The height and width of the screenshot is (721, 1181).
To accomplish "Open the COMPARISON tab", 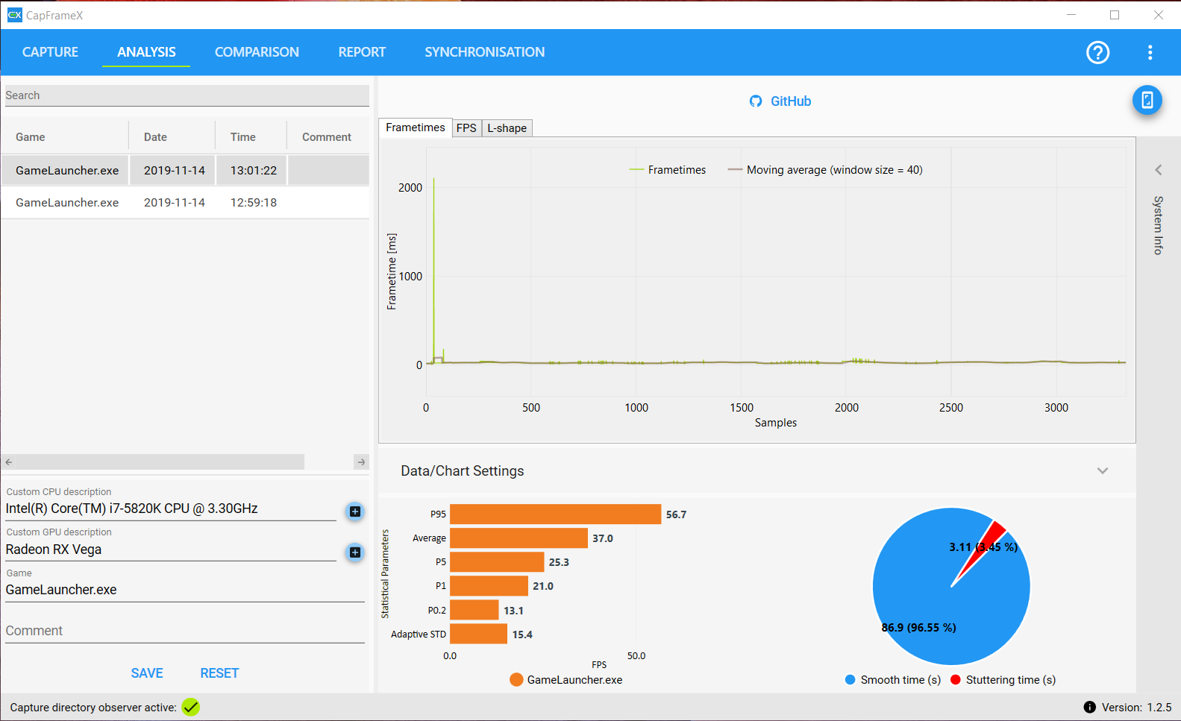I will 257,52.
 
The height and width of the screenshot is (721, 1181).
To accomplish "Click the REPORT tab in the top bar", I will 362,52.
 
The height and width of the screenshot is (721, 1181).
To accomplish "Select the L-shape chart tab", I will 507,128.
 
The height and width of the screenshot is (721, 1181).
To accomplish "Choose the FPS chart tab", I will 466,128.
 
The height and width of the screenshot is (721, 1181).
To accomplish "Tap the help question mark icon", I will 1097,52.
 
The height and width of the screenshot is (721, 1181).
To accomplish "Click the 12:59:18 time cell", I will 253,203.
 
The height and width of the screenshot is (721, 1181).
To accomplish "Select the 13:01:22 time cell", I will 253,171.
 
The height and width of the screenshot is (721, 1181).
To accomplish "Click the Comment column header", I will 326,137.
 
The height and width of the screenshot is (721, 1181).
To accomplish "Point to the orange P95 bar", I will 555,514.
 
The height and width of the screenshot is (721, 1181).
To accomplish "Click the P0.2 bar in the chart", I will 474,610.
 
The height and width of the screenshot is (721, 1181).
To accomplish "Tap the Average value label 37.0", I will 603,538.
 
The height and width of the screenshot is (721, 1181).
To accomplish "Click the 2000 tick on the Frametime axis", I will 410,188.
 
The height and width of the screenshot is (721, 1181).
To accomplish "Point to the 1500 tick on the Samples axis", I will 742,408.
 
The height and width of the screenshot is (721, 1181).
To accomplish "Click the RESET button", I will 219,673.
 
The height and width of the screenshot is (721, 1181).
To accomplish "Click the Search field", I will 187,95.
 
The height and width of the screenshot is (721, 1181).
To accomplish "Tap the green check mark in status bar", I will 191,707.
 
